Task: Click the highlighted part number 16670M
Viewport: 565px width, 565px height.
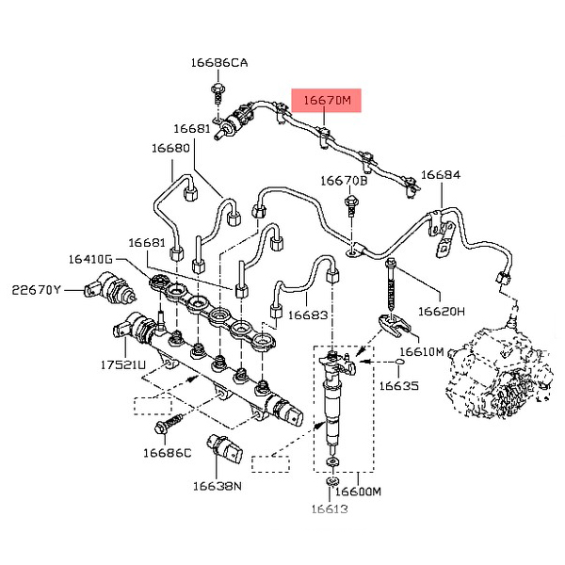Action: pyautogui.click(x=326, y=99)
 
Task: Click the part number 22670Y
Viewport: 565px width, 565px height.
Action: pyautogui.click(x=36, y=289)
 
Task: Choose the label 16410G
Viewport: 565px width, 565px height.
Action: pyautogui.click(x=89, y=258)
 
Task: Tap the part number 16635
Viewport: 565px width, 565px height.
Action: pyautogui.click(x=399, y=385)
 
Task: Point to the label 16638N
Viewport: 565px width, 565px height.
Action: pyautogui.click(x=218, y=486)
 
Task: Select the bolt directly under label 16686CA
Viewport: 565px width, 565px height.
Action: pyautogui.click(x=218, y=91)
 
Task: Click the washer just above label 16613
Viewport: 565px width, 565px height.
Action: pyautogui.click(x=332, y=483)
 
